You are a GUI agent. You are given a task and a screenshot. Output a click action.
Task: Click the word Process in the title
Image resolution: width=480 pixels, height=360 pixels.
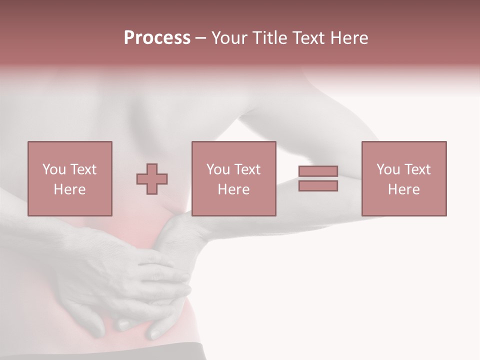pyautogui.click(x=157, y=38)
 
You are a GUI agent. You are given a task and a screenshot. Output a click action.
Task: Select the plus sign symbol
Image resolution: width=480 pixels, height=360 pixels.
pyautogui.click(x=152, y=179)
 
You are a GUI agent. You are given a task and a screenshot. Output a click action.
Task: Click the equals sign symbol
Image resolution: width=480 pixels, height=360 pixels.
pyautogui.click(x=318, y=178)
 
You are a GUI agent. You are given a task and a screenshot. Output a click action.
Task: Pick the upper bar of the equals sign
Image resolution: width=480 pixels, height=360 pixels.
pyautogui.click(x=318, y=171)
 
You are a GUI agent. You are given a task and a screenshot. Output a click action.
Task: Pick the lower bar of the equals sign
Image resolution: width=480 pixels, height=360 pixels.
pyautogui.click(x=318, y=186)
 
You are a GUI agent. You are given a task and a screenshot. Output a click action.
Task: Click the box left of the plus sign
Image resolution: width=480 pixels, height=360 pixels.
pyautogui.click(x=69, y=178)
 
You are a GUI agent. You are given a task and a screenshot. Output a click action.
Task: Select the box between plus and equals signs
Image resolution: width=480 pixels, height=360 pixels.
pyautogui.click(x=233, y=178)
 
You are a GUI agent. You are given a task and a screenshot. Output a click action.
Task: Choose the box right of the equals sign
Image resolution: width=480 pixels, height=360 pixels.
pyautogui.click(x=403, y=178)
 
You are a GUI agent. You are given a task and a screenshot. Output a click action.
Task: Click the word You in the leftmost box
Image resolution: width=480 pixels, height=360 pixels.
pyautogui.click(x=53, y=169)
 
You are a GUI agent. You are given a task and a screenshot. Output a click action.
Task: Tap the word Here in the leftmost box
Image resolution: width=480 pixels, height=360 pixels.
pyautogui.click(x=69, y=189)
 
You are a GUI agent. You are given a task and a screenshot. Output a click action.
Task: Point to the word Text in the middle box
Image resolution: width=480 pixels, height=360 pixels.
pyautogui.click(x=247, y=169)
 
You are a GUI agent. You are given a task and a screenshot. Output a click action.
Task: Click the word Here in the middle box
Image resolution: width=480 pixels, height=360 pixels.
pyautogui.click(x=233, y=189)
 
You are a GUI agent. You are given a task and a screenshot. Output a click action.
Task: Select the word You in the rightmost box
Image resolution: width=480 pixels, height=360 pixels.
pyautogui.click(x=388, y=169)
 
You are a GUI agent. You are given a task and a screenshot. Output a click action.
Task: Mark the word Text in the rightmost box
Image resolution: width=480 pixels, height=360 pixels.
pyautogui.click(x=417, y=169)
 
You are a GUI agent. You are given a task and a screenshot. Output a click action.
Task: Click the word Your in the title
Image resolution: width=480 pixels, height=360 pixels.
pyautogui.click(x=229, y=38)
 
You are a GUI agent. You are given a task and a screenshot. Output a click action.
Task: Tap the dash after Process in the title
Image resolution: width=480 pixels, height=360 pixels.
pyautogui.click(x=200, y=38)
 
